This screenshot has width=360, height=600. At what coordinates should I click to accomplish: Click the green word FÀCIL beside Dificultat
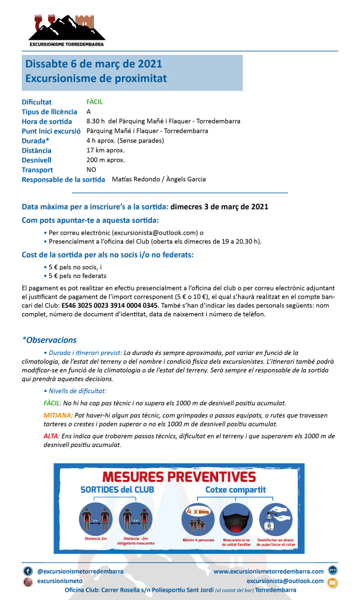pos(94,101)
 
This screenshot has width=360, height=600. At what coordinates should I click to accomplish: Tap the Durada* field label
pos(35,141)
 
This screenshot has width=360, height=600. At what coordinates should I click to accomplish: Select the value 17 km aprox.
pos(106,150)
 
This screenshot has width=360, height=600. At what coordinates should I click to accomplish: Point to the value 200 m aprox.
pos(106,160)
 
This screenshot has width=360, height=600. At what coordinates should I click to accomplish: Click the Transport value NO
pos(91,170)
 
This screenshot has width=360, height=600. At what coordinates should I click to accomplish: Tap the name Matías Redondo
pos(134,179)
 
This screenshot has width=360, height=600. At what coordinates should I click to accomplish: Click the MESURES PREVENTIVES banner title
pos(179,476)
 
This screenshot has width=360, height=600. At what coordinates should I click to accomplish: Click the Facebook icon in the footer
pos(28,570)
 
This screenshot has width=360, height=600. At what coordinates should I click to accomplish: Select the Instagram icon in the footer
pos(28,581)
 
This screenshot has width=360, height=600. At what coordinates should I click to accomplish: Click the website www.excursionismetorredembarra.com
pos(269,571)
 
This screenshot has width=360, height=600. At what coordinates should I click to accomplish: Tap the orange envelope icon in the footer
pos(332,582)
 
